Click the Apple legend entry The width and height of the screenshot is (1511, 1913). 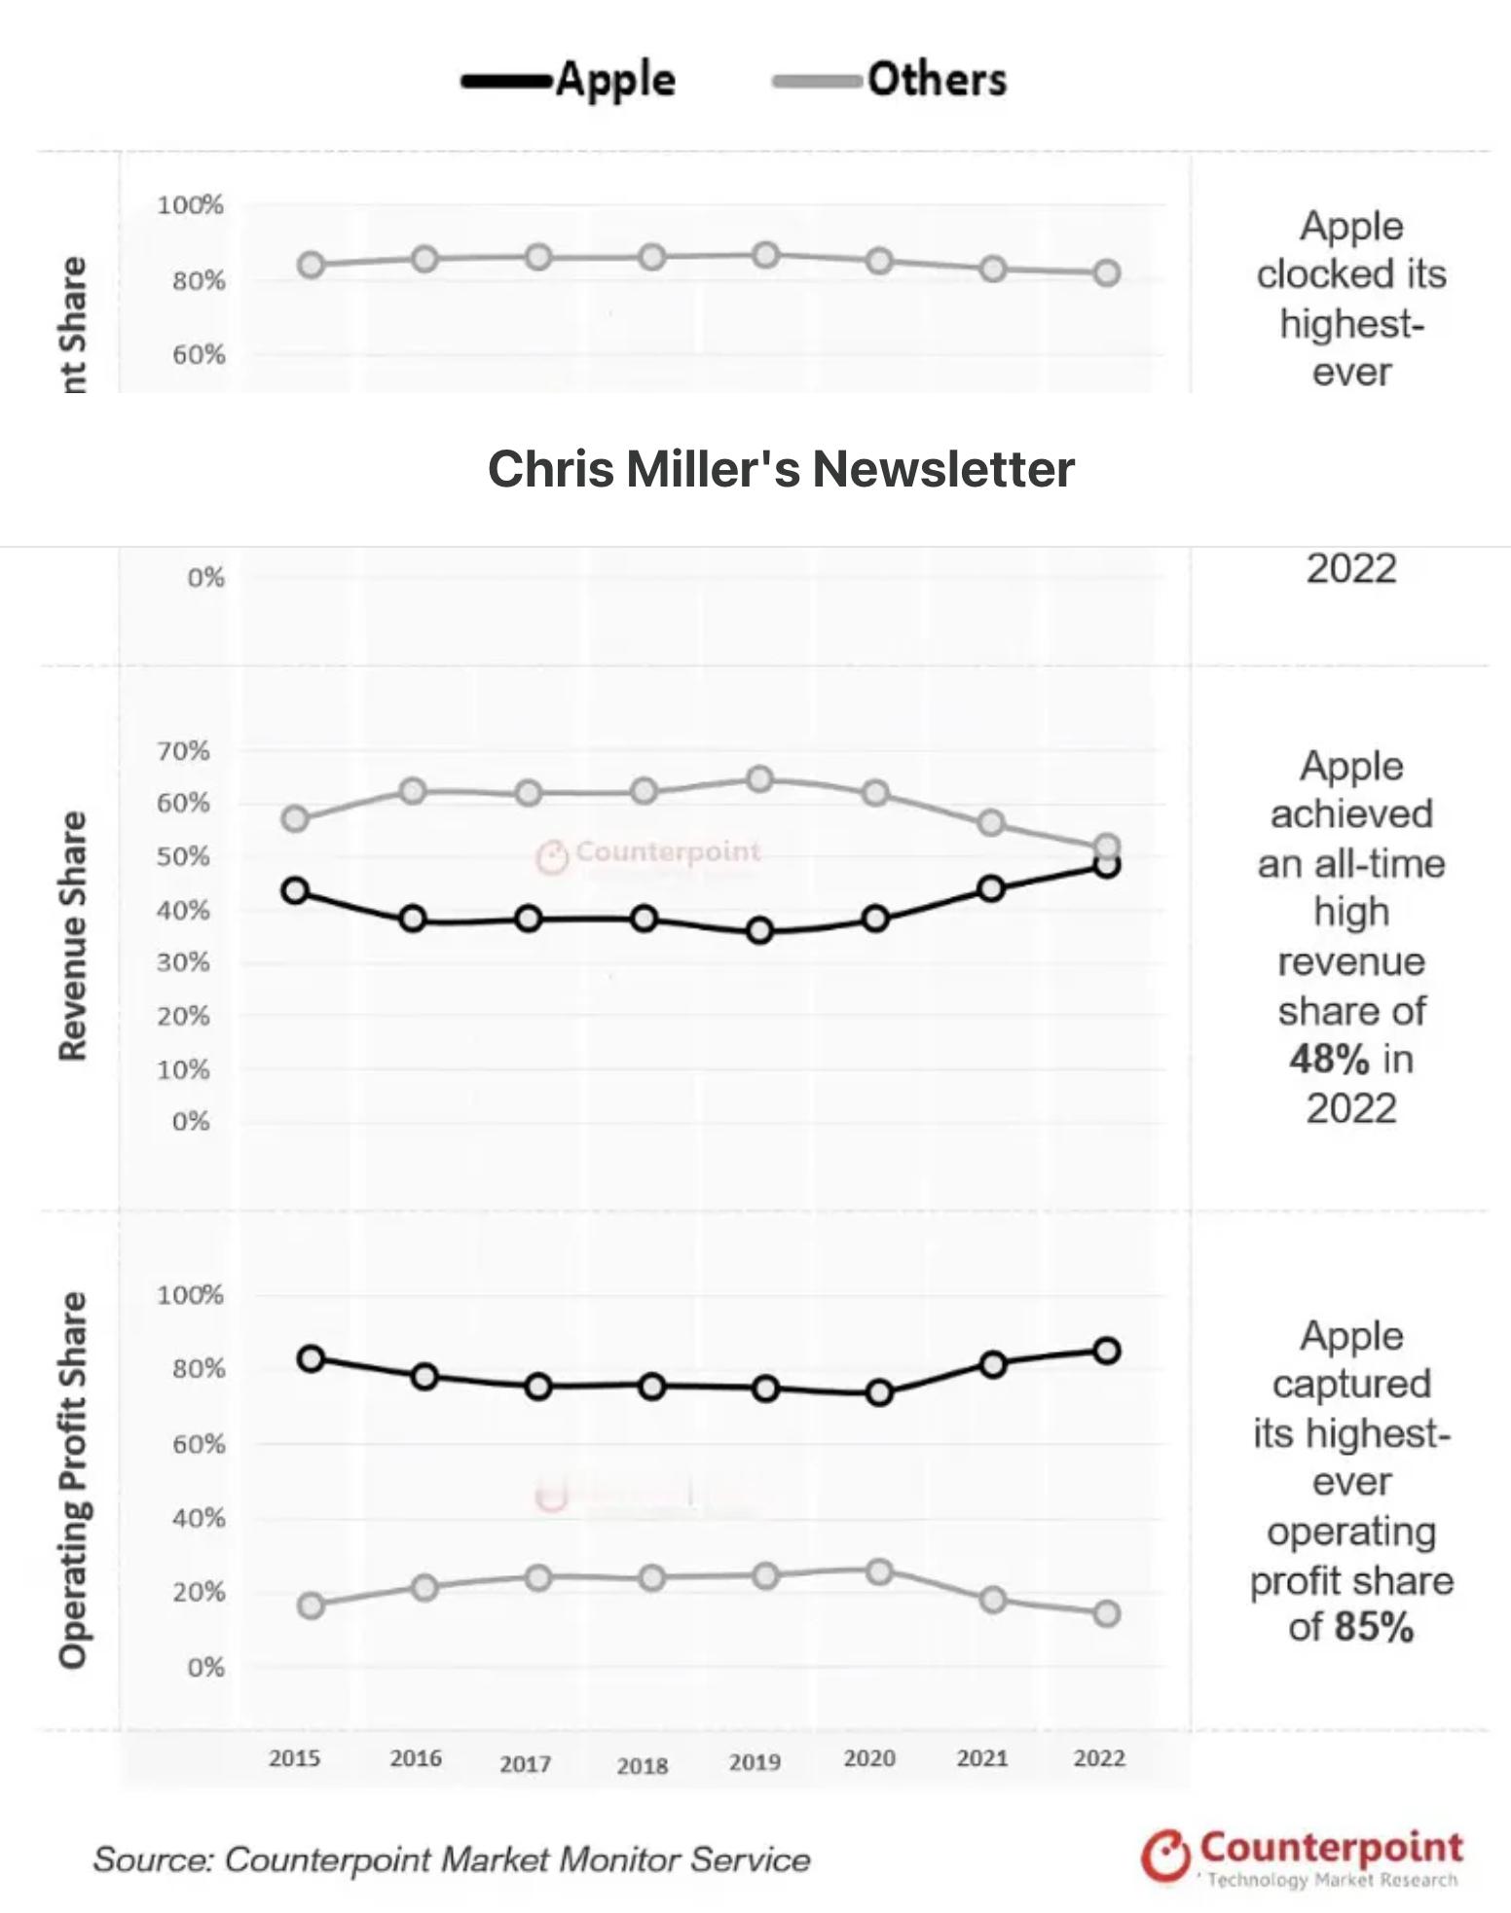570,80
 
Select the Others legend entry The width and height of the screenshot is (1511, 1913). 891,80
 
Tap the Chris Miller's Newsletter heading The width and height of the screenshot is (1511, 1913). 781,469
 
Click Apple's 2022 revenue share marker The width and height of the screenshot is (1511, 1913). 1106,864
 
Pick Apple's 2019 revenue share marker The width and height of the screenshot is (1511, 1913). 759,931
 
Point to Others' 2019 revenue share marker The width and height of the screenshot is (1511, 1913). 759,779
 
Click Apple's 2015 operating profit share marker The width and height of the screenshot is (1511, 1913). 311,1358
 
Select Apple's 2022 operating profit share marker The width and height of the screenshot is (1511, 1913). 1106,1351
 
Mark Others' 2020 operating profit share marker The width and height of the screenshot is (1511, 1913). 879,1571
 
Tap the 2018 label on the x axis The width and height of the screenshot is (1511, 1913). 642,1765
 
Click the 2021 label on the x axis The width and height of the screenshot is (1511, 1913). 982,1758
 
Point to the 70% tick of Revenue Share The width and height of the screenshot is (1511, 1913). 183,751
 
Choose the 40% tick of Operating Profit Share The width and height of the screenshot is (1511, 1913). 199,1518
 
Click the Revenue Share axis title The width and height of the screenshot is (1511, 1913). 73,936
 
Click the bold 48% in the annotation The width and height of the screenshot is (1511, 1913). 1329,1060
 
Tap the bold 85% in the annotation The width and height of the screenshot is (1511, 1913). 1374,1627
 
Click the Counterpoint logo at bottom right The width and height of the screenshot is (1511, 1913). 1302,1856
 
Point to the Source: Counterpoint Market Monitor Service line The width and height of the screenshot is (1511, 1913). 452,1859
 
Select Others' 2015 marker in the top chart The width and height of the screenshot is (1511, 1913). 311,265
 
